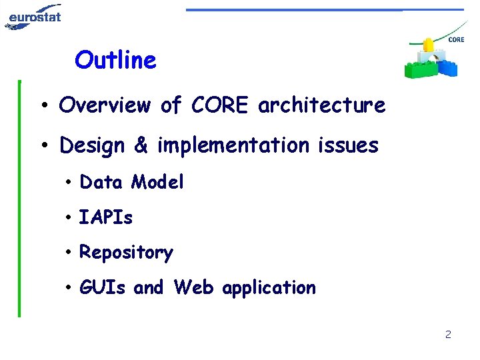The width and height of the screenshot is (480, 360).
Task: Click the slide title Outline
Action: point(115,60)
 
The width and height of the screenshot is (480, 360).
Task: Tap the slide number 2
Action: point(448,334)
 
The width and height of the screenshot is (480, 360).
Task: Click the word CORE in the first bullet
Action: point(221,105)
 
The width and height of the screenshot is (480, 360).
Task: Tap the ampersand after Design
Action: point(141,145)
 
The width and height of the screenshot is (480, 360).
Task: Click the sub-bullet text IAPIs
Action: point(106,217)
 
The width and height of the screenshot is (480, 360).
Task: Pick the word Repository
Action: point(126,253)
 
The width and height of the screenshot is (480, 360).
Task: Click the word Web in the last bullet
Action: point(194,287)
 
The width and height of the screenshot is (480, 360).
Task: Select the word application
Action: point(269,288)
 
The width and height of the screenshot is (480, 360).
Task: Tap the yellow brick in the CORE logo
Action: point(427,45)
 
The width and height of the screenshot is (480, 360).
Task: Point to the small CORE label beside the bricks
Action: point(456,40)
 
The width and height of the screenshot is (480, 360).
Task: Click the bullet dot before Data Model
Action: point(69,183)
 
